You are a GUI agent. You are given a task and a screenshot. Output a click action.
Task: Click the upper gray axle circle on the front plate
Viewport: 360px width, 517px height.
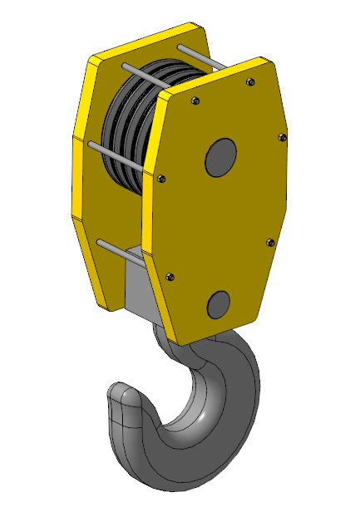pos(220,157)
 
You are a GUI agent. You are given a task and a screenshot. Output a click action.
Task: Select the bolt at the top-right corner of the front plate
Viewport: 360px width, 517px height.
pos(250,81)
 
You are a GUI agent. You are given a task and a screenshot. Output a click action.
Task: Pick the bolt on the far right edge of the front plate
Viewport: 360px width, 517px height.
pos(281,137)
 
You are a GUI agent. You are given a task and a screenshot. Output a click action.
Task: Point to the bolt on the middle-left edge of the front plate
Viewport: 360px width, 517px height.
pos(161,177)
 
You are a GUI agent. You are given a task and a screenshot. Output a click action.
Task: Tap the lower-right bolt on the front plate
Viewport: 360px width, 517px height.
pos(269,242)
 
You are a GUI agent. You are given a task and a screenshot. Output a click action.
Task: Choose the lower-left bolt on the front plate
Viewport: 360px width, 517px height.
pos(170,277)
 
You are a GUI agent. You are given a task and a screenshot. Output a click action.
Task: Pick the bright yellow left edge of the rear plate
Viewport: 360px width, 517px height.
pos(82,166)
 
